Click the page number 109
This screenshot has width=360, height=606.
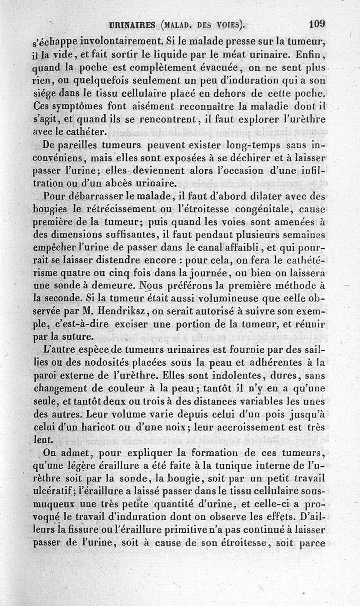point(317,24)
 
